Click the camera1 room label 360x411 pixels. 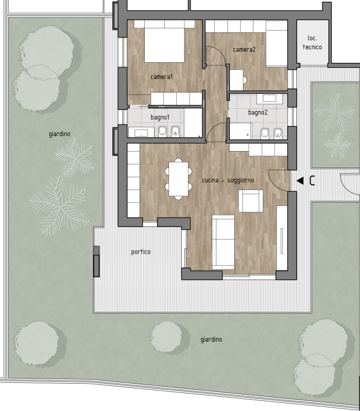pyautogui.click(x=162, y=77)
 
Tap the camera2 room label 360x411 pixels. pyautogui.click(x=244, y=49)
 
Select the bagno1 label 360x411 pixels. pyautogui.click(x=160, y=118)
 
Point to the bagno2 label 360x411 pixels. pyautogui.click(x=258, y=113)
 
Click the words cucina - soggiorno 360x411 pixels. pyautogui.click(x=228, y=180)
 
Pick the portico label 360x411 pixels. pyautogui.click(x=141, y=252)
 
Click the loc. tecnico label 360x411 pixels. pyautogui.click(x=312, y=43)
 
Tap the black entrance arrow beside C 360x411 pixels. pyautogui.click(x=300, y=181)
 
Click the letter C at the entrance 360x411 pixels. pyautogui.click(x=312, y=181)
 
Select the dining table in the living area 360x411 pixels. pyautogui.click(x=178, y=179)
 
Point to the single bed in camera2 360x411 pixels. pyautogui.click(x=277, y=44)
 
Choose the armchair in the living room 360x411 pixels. pyautogui.click(x=251, y=201)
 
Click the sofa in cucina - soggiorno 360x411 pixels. pyautogui.click(x=223, y=242)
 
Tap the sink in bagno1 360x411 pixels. pyautogui.click(x=141, y=133)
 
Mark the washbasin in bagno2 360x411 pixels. pyautogui.click(x=269, y=98)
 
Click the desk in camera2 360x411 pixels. pyautogui.click(x=236, y=80)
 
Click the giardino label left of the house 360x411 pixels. pyautogui.click(x=60, y=134)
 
